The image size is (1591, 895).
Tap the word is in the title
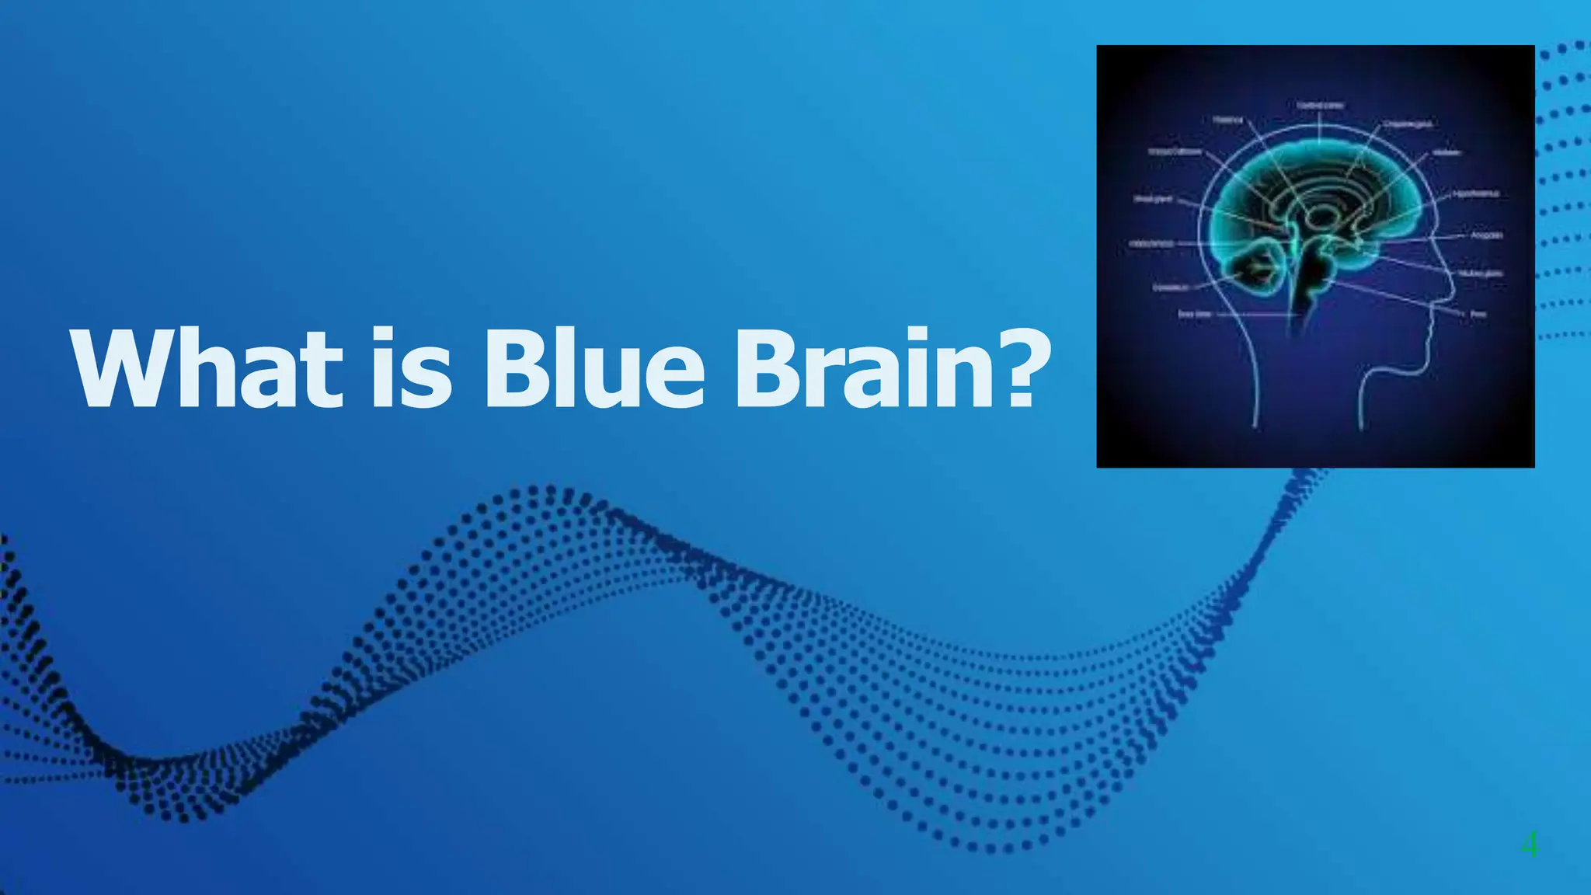(411, 368)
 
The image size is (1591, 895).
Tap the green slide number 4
(1529, 845)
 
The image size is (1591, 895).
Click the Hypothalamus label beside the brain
(1475, 193)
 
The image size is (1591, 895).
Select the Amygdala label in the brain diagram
(1486, 235)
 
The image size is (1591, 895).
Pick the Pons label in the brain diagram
(1478, 314)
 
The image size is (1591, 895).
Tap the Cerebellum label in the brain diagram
(1171, 287)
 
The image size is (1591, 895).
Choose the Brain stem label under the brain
(1195, 314)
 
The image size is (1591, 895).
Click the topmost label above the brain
(1321, 105)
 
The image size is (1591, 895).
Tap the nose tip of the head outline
(1451, 293)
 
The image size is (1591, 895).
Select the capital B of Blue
(514, 370)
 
